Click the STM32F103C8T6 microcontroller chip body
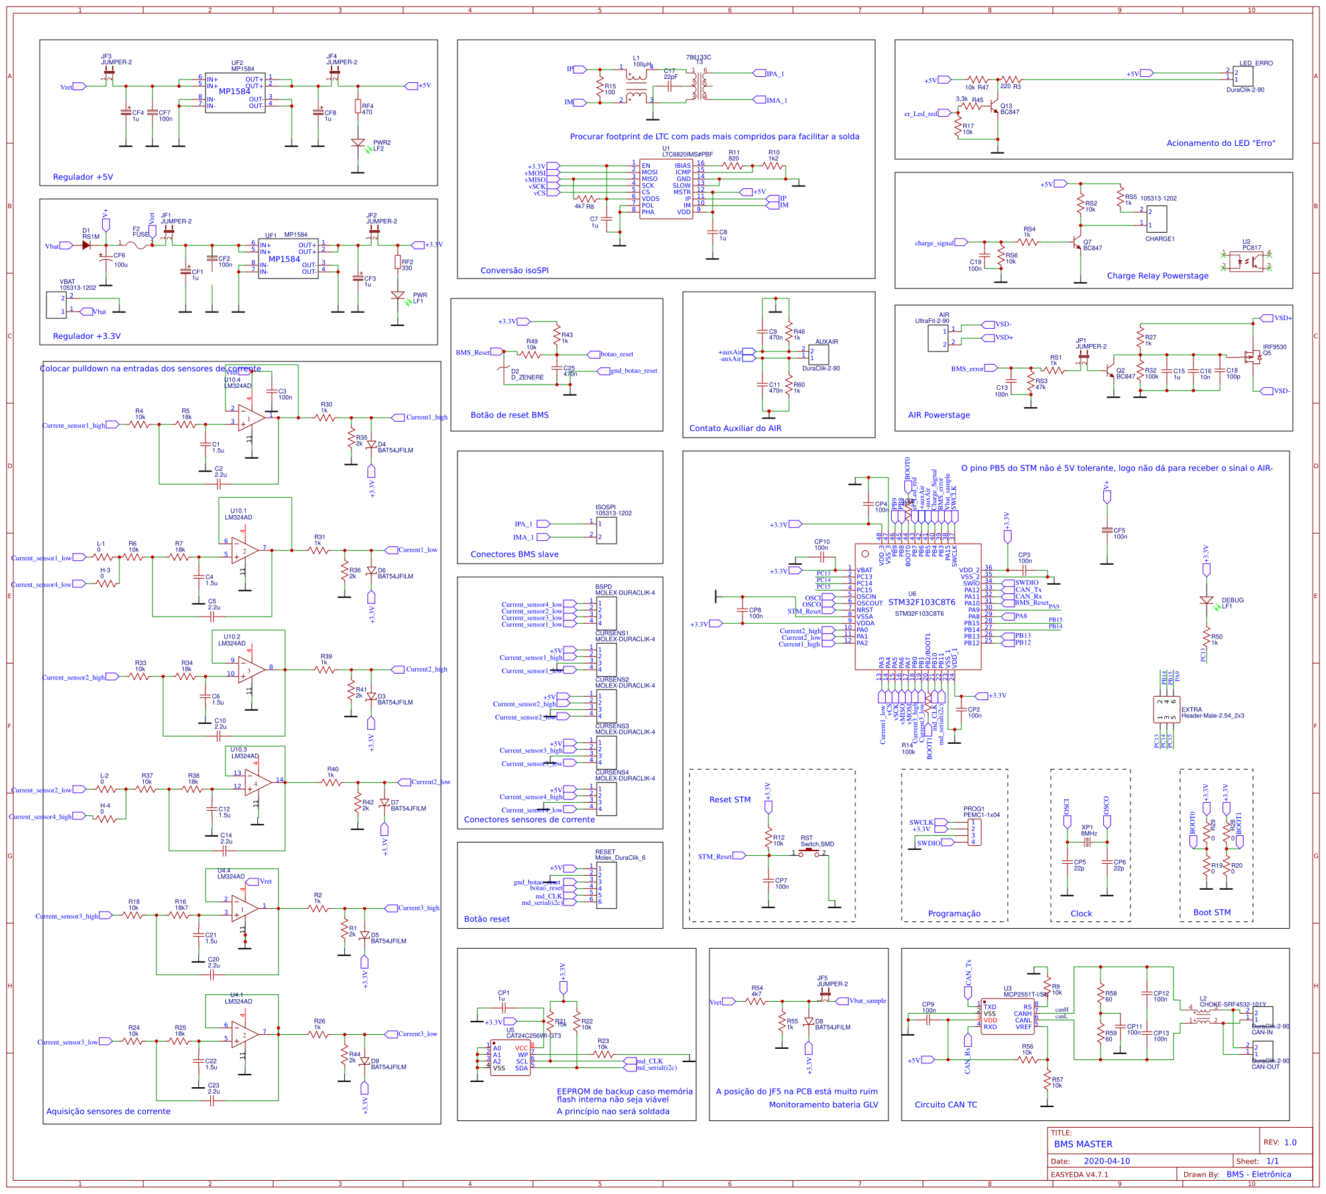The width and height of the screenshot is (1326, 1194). coord(918,607)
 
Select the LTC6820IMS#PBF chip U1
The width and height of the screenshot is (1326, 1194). coord(666,189)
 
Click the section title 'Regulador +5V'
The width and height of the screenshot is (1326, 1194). coord(83,177)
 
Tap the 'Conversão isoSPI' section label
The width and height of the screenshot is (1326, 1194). coord(514,270)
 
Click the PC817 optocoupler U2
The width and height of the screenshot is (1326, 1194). coord(1246,261)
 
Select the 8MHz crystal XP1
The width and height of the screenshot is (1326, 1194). coord(1087,843)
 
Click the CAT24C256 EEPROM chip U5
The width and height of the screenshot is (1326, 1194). coord(510,1057)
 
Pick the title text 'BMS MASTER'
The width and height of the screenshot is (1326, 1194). coord(1083,1144)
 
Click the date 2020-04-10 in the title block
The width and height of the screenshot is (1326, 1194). coord(1107,1161)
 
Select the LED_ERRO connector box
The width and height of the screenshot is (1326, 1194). coord(1242,76)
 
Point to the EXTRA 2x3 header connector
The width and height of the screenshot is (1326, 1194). coord(1166,709)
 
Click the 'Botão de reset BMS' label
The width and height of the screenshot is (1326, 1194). coord(509,415)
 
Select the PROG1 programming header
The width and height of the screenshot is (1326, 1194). coord(973,832)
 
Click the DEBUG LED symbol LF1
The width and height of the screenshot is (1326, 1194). coord(1206,601)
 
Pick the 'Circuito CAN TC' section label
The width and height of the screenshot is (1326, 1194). coord(945,1104)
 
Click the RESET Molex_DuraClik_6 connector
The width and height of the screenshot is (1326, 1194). coord(606,885)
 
